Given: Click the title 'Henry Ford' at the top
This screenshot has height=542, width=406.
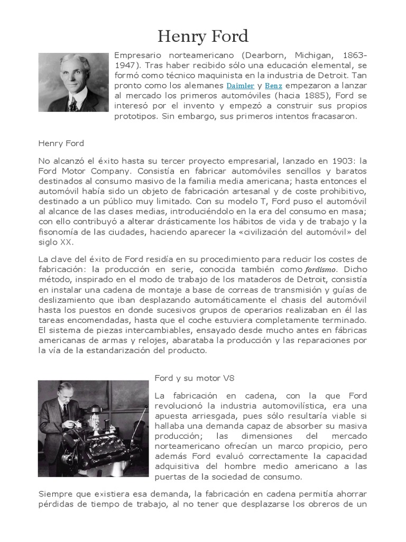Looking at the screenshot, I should click(203, 37).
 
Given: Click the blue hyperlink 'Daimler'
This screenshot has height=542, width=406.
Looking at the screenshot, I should click(241, 85).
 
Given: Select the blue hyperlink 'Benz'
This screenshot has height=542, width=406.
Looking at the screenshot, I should click(274, 85).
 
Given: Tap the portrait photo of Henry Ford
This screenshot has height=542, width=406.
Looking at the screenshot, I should click(73, 82).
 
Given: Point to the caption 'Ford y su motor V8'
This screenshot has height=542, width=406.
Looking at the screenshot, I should click(194, 378).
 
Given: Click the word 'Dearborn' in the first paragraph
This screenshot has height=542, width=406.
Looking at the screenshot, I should click(263, 55).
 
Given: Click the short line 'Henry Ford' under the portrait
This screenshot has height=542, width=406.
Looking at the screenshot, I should click(61, 143).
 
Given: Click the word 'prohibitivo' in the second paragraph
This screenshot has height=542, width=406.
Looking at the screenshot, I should click(338, 191).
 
